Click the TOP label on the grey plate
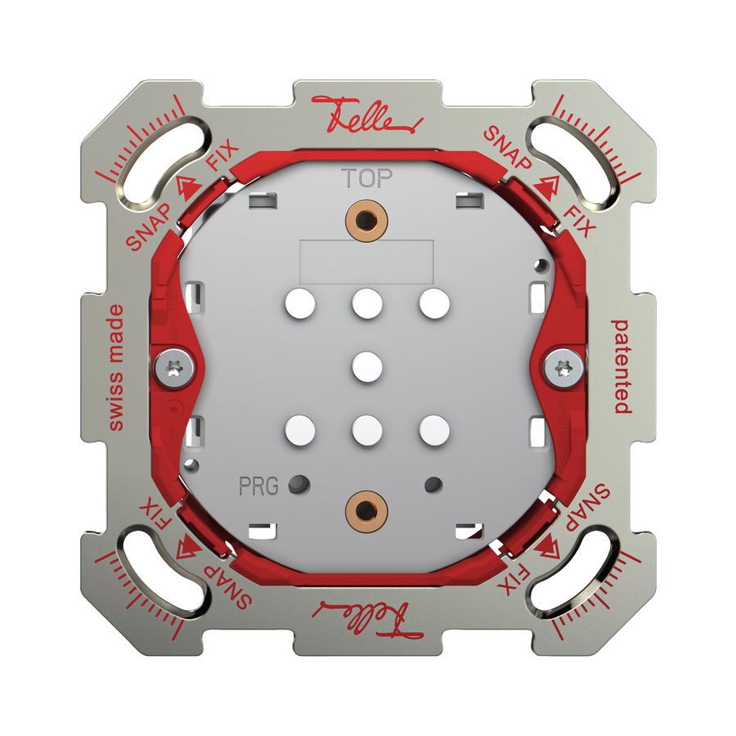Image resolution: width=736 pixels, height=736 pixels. [367, 178]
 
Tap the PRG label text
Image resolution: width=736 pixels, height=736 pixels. [258, 486]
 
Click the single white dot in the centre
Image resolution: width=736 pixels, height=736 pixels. [367, 366]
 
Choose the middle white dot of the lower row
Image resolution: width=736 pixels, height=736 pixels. [367, 428]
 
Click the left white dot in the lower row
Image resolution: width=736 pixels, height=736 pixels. [300, 428]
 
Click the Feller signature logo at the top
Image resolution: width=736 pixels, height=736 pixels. [366, 117]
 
